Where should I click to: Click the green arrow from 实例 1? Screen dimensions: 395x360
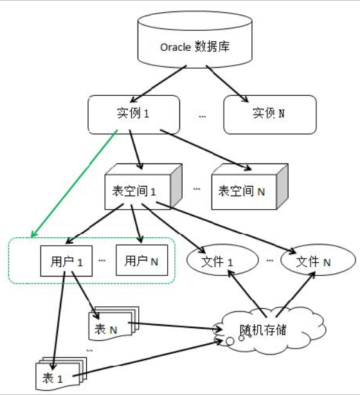coord(74,183)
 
